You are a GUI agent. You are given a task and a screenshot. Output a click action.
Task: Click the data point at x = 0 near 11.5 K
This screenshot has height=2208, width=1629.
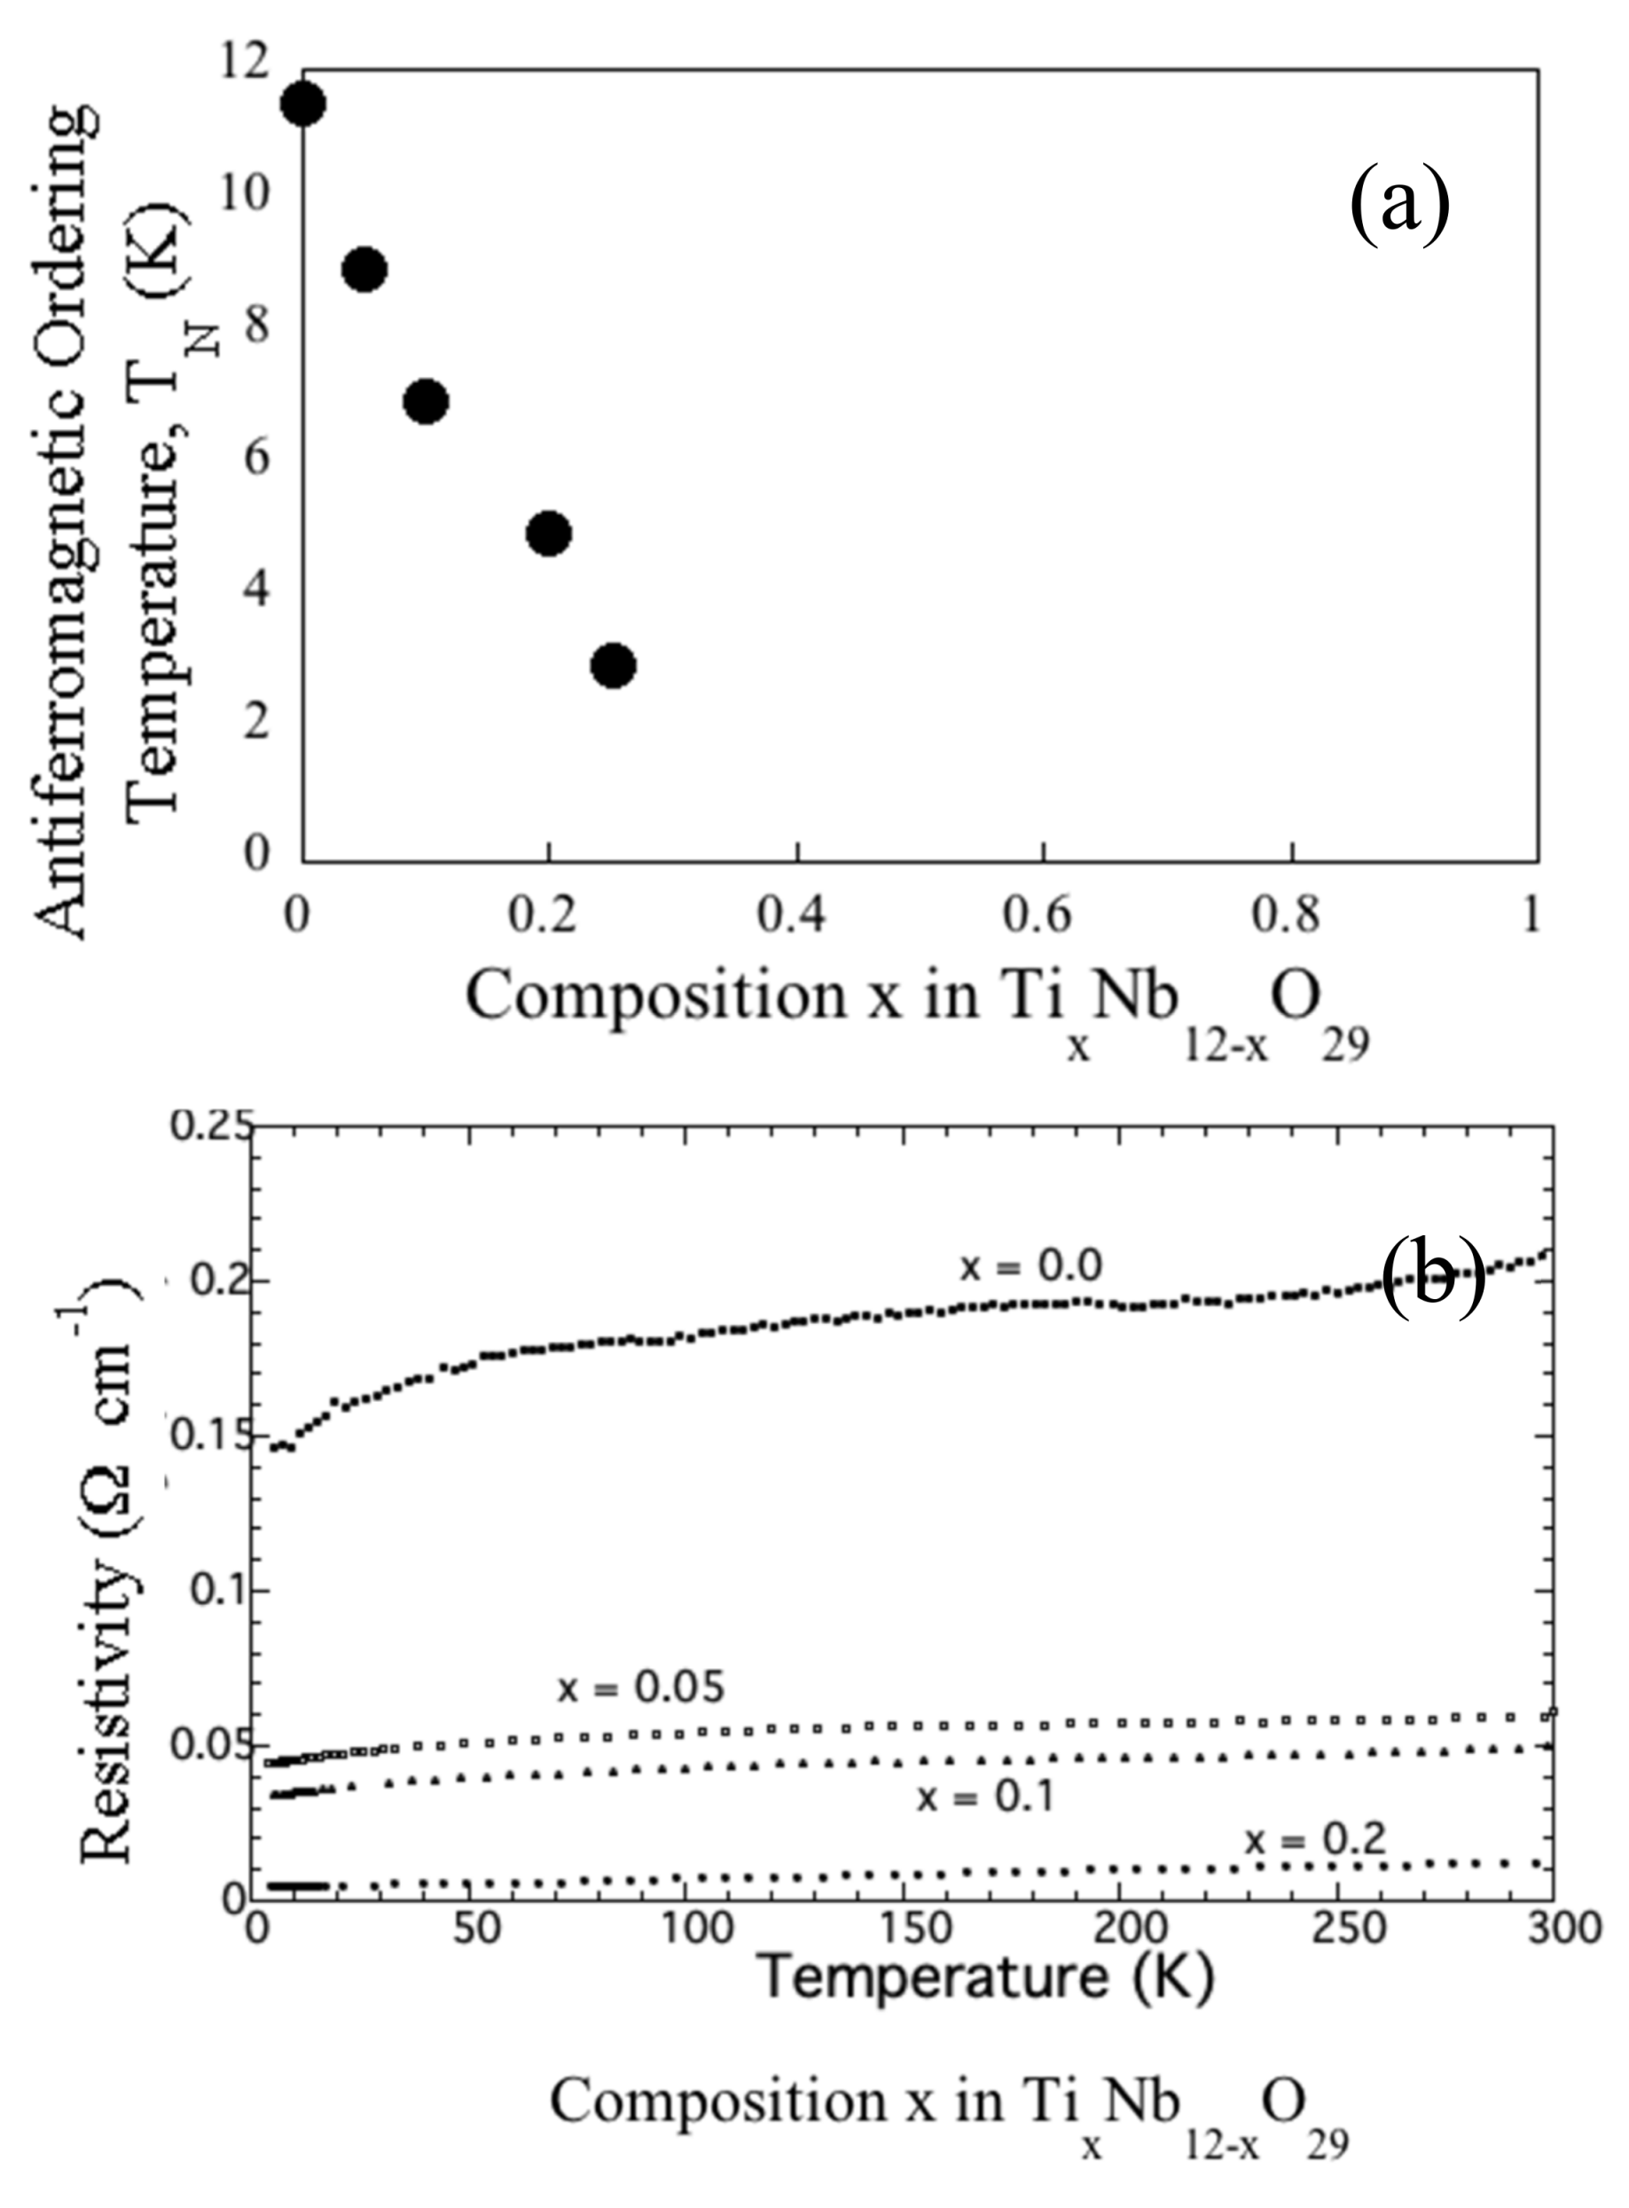pyautogui.click(x=302, y=105)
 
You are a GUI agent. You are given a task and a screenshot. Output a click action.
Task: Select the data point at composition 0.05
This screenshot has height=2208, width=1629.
pyautogui.click(x=364, y=270)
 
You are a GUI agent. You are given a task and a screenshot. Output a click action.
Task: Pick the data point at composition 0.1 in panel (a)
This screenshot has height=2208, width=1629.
pyautogui.click(x=426, y=402)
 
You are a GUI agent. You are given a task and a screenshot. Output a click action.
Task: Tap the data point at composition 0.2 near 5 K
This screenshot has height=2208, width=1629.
pyautogui.click(x=549, y=534)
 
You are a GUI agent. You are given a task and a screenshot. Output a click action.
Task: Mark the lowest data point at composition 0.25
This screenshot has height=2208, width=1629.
pyautogui.click(x=613, y=666)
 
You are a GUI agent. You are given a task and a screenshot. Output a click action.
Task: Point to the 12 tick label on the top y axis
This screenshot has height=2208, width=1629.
pyautogui.click(x=244, y=63)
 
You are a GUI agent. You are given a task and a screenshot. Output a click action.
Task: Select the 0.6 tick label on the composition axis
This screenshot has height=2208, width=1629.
pyautogui.click(x=1042, y=916)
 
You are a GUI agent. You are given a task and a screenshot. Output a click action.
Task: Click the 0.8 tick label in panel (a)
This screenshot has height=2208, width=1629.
pyautogui.click(x=1289, y=916)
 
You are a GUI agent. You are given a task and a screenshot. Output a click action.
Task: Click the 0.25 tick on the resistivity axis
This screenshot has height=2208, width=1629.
pyautogui.click(x=211, y=1127)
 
